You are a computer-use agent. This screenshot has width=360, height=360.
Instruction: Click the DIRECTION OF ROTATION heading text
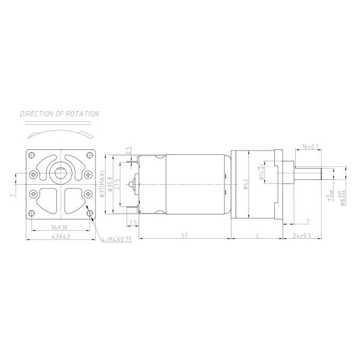pyautogui.click(x=59, y=113)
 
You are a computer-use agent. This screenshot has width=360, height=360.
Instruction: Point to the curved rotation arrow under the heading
pyautogui.click(x=59, y=130)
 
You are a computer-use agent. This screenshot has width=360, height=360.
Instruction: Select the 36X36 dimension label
pyautogui.click(x=59, y=228)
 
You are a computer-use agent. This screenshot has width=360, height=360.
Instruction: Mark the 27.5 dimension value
pyautogui.click(x=118, y=183)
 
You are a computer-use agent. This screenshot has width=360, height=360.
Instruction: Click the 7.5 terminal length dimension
pyautogui.click(x=133, y=223)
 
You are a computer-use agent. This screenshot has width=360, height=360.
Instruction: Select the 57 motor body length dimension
pyautogui.click(x=185, y=236)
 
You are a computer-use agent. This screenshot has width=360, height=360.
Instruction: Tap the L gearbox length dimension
pyautogui.click(x=257, y=236)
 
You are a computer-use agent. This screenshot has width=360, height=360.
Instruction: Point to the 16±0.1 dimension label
pyautogui.click(x=311, y=146)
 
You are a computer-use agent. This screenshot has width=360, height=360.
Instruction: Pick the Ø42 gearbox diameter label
pyautogui.click(x=245, y=184)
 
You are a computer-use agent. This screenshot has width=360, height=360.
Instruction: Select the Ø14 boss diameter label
pyautogui.click(x=262, y=175)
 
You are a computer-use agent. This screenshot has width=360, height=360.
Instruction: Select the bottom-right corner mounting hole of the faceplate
pyautogui.click(x=89, y=213)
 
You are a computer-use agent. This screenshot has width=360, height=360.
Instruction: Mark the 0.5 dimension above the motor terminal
pyautogui.click(x=128, y=150)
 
